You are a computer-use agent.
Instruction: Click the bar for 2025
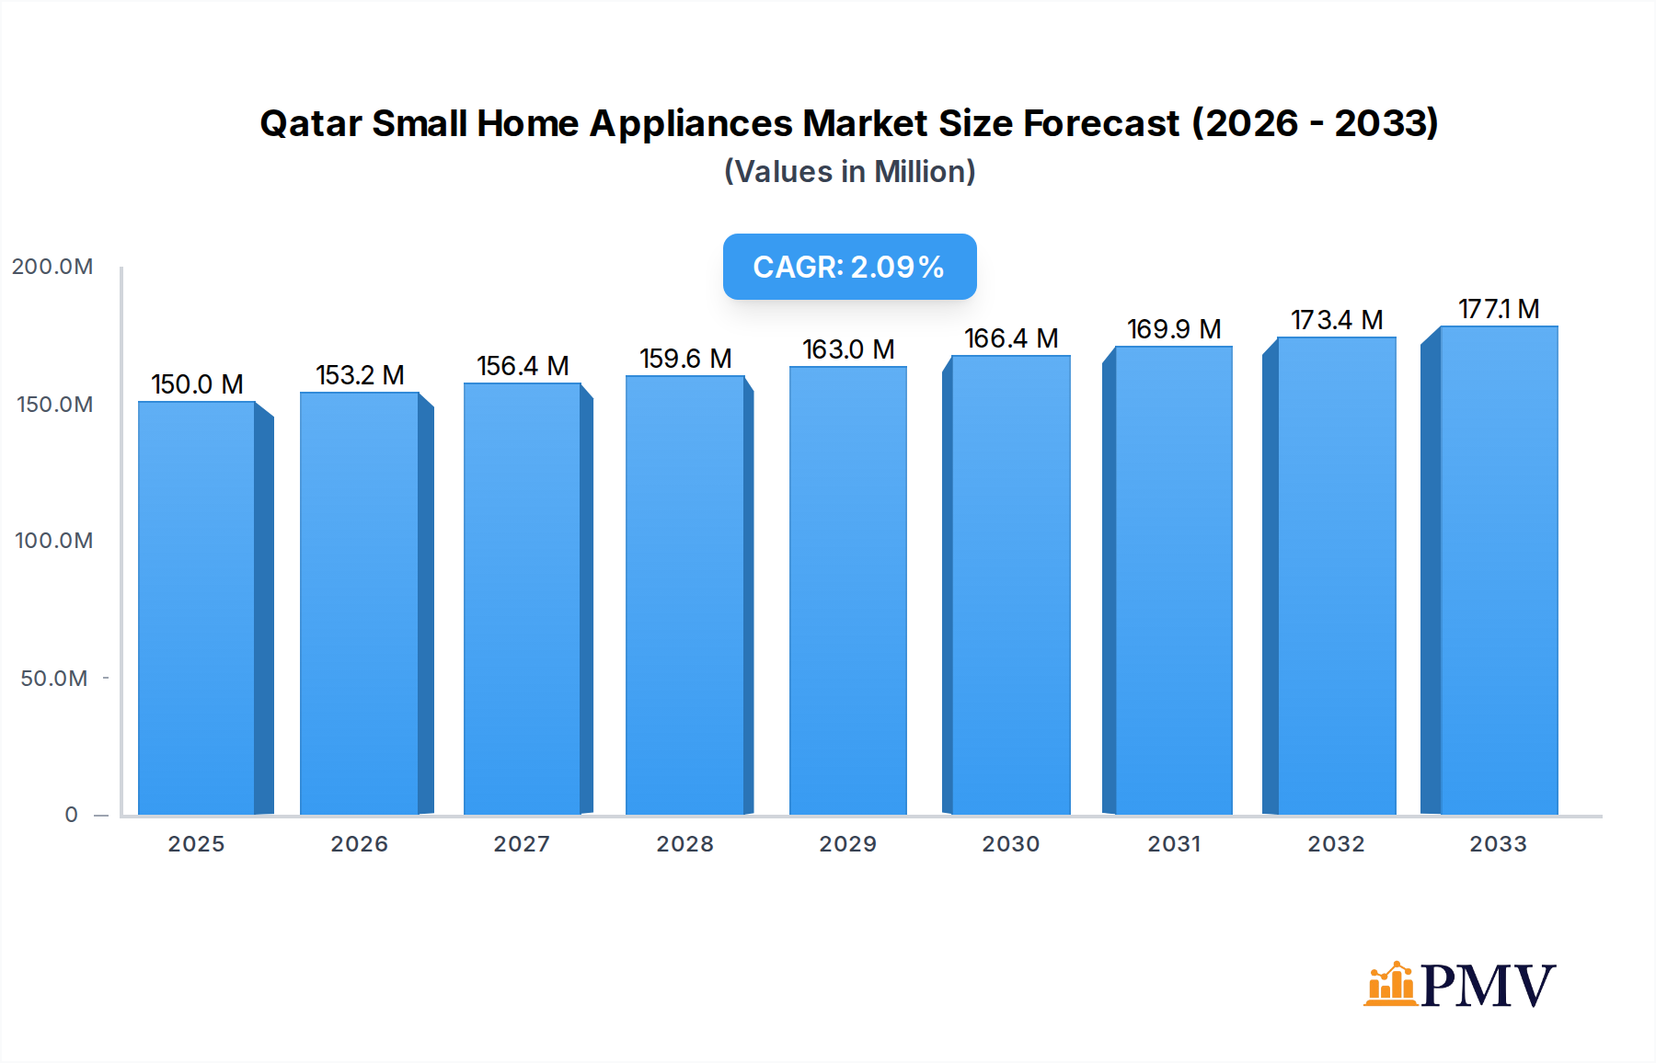tap(196, 607)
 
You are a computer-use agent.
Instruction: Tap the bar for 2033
tap(1499, 570)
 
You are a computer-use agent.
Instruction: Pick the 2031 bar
tap(1173, 579)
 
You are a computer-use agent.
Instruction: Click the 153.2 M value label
tap(360, 375)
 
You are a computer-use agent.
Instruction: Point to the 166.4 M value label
tap(1011, 338)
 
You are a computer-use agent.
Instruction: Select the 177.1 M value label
tap(1499, 309)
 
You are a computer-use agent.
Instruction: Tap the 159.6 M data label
tap(685, 359)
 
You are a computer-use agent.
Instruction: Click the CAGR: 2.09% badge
tap(849, 267)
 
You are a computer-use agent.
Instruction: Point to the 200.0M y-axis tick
tap(52, 267)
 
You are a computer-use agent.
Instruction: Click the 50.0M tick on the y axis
tap(54, 679)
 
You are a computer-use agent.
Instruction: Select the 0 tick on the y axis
tap(71, 815)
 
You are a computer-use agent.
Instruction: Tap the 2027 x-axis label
tap(522, 844)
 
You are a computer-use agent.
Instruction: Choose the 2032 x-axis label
tap(1336, 844)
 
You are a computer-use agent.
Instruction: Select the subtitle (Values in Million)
tap(849, 172)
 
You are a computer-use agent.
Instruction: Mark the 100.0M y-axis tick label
tap(53, 541)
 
